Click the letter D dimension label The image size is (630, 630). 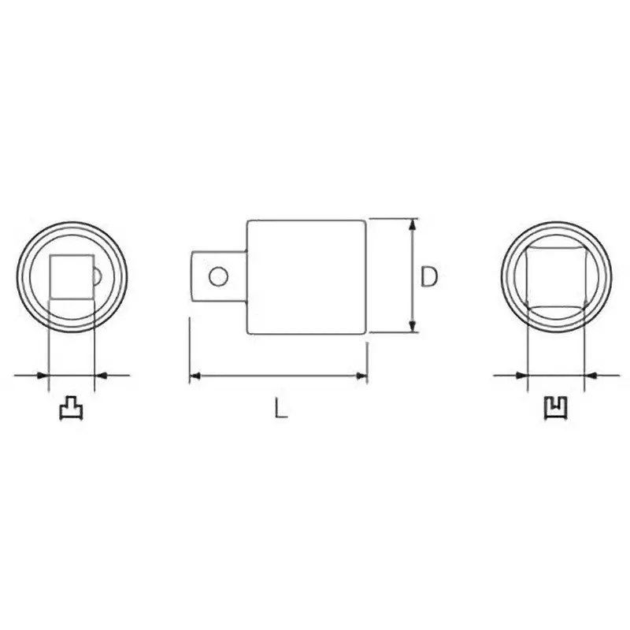coord(428,276)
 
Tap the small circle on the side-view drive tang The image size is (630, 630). coord(219,276)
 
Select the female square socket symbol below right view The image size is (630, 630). coord(557,408)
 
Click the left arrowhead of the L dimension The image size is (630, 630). coord(195,376)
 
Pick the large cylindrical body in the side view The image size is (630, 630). coord(307,276)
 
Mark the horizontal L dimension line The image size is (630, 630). coord(279,376)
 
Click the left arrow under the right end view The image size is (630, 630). coord(520,376)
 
